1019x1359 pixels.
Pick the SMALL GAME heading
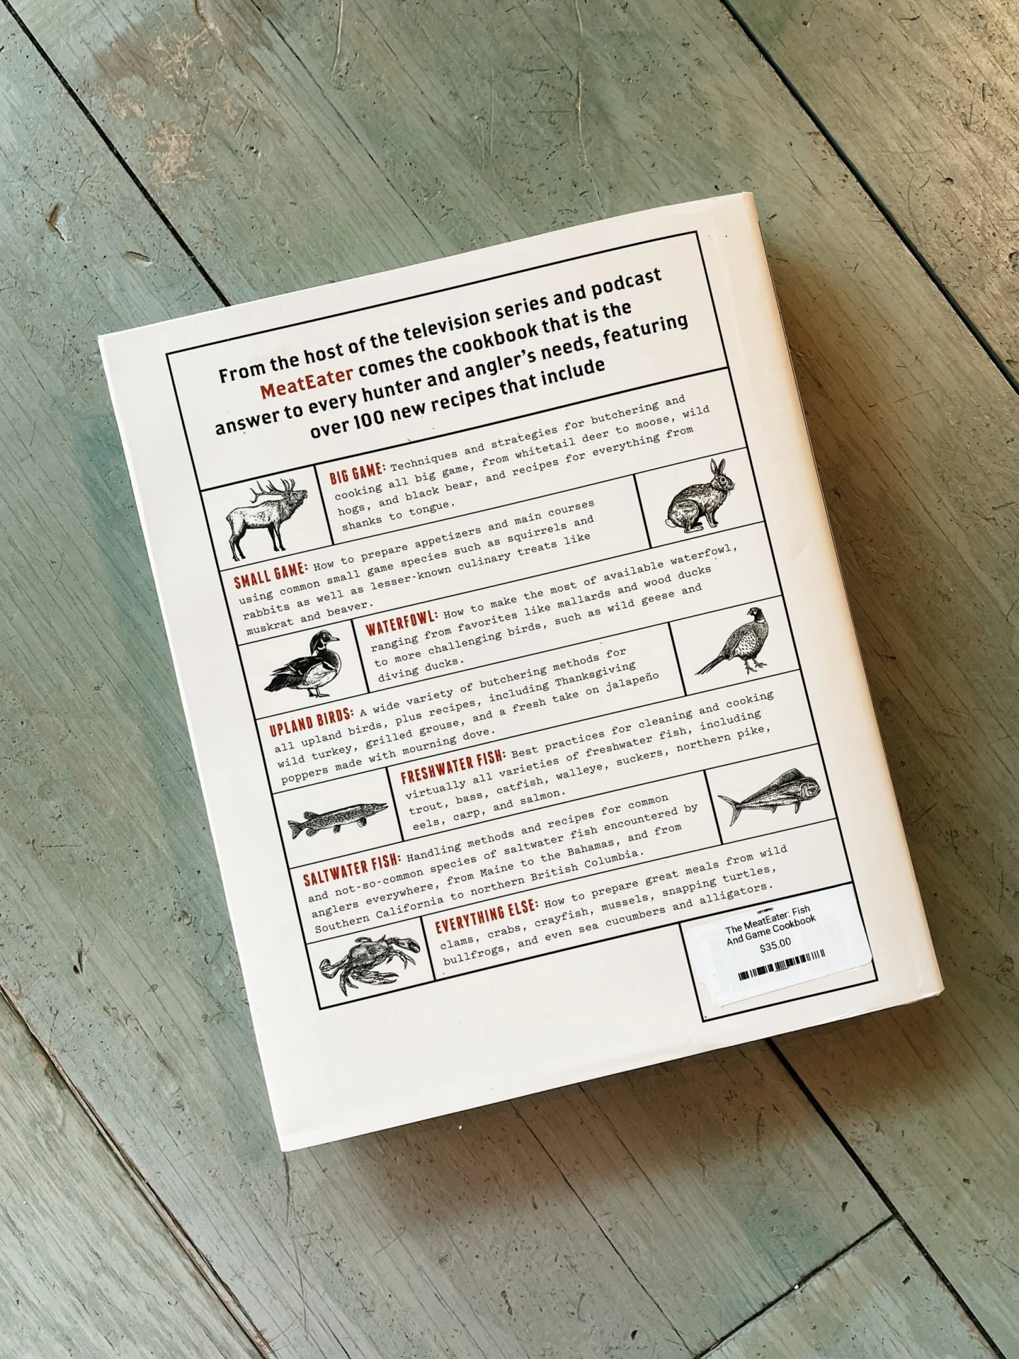pyautogui.click(x=271, y=574)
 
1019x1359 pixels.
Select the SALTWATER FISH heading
pyautogui.click(x=352, y=869)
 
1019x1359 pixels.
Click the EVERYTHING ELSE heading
pyautogui.click(x=486, y=915)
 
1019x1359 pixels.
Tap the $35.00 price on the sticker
pyautogui.click(x=775, y=946)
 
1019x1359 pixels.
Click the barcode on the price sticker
pyautogui.click(x=781, y=966)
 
